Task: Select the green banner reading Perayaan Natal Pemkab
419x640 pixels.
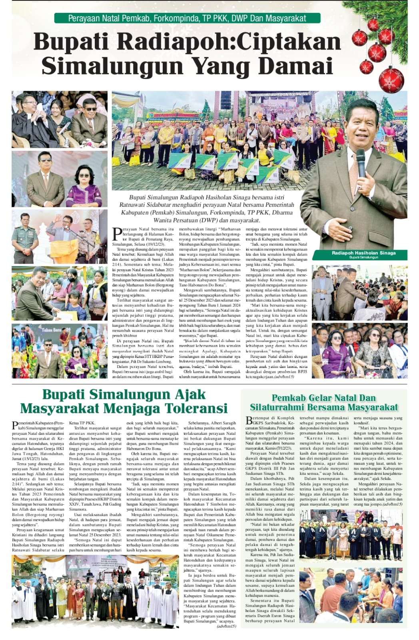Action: tap(187, 18)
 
